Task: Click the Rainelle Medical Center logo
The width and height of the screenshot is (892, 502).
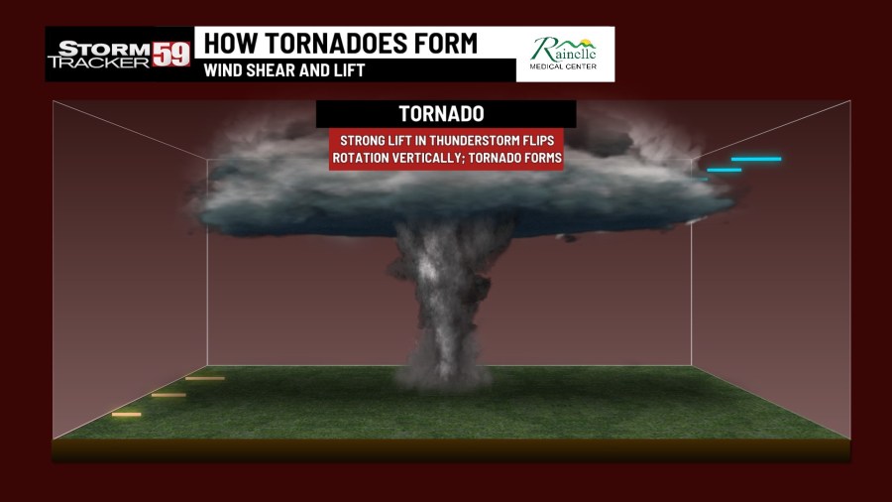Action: [564, 55]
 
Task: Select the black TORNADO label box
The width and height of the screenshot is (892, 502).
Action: [446, 114]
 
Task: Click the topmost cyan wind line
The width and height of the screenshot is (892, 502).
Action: [756, 159]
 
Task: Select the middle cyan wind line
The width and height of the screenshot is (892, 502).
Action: [725, 170]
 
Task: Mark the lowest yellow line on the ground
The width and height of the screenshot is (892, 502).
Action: [126, 414]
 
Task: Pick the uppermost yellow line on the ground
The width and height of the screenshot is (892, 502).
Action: [204, 378]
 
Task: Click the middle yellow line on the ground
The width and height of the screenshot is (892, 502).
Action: [168, 395]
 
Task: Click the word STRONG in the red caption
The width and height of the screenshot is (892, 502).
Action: [362, 141]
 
